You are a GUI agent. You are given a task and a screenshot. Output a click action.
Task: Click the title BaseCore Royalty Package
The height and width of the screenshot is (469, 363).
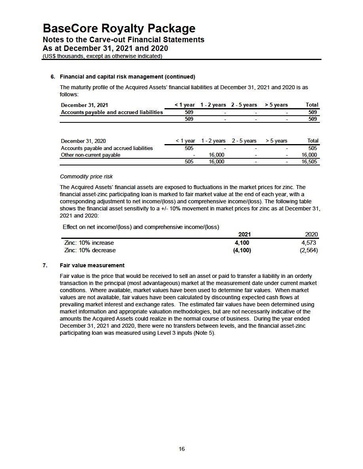[x=119, y=28]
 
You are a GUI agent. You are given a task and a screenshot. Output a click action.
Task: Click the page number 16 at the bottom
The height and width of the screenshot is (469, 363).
[x=181, y=449]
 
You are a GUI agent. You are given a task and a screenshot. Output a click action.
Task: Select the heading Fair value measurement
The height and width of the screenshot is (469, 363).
[x=92, y=265]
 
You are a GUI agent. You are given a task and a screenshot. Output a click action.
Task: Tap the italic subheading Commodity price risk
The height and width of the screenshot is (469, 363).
[x=86, y=176]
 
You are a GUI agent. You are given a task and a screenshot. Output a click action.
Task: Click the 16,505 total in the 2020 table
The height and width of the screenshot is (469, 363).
[x=309, y=162]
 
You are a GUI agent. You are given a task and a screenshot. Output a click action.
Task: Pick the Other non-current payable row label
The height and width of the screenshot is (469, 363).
[x=91, y=155]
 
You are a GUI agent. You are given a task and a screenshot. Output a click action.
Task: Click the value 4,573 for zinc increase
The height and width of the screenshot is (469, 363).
[x=308, y=243]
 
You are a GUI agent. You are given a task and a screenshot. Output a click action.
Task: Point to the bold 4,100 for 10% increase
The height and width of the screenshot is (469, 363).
[x=242, y=243]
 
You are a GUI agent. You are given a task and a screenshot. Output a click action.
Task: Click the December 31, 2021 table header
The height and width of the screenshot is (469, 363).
[x=84, y=105]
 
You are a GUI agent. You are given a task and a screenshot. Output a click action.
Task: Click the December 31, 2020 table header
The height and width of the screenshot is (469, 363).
[x=83, y=141]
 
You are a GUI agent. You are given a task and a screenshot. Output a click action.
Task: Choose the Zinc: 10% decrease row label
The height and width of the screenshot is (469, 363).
[x=90, y=250]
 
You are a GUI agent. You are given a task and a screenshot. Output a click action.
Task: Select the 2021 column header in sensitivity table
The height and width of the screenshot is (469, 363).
[x=244, y=234]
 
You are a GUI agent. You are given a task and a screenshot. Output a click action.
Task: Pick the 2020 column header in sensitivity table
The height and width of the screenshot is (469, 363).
[x=311, y=234]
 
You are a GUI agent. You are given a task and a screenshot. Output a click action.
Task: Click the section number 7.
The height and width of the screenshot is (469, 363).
[x=45, y=265]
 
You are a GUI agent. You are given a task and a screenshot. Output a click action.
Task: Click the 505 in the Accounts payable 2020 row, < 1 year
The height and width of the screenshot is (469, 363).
[x=189, y=148]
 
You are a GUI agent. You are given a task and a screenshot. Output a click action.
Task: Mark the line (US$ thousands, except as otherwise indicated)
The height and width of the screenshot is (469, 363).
[x=102, y=56]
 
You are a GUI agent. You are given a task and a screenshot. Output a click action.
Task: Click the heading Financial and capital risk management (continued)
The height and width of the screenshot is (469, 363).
[x=127, y=77]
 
